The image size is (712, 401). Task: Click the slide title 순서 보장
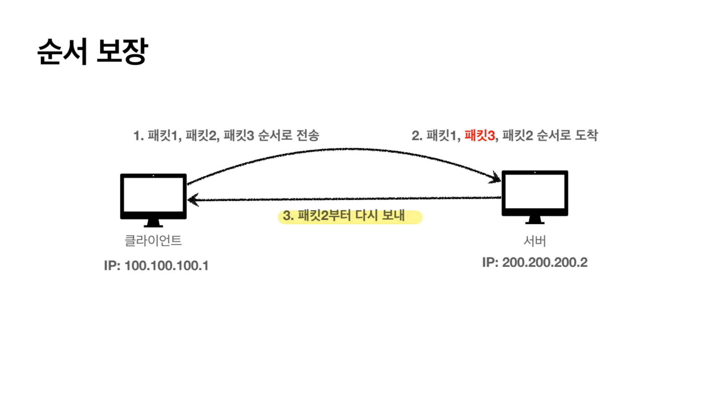point(93,51)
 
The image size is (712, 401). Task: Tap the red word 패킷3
point(479,135)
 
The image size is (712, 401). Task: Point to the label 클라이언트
point(153,241)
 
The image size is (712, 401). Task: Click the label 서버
point(535,241)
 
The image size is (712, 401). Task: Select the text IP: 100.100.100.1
point(156,266)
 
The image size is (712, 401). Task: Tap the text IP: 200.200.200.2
point(535,262)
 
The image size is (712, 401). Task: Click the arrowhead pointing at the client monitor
point(193,200)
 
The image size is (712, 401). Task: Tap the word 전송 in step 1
point(308,135)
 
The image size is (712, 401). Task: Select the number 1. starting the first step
point(138,136)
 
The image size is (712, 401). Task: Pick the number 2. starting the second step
point(417,136)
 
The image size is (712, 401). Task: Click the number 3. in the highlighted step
point(288,216)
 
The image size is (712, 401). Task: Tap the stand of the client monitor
point(153,223)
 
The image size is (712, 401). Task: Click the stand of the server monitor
point(535,220)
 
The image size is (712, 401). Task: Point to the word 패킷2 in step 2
point(517,135)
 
